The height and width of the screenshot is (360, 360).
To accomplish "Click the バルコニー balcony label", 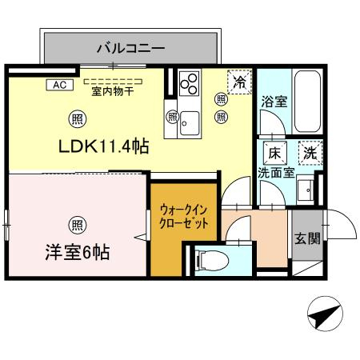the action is coord(130,49).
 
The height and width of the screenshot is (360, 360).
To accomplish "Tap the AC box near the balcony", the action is coord(60,85).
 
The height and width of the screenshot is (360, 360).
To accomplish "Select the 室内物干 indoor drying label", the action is coord(113,91).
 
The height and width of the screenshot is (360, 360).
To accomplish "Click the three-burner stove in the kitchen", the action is coord(189,83).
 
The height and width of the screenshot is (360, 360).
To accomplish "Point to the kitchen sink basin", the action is coord(190,123).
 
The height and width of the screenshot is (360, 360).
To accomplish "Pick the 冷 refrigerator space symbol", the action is coord(239,82).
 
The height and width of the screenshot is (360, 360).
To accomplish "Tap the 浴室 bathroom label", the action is coord(274,102).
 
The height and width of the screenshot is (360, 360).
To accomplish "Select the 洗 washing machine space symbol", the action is coord(310,153).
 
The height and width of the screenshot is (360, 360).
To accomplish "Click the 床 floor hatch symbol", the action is coord(275,153).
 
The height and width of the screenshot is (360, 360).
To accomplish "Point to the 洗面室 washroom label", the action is coord(276,173).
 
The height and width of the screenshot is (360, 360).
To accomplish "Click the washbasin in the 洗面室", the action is coord(306,190).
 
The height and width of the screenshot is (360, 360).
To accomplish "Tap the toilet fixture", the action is coord(212,260).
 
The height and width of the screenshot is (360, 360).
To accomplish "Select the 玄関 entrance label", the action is coord(307,238).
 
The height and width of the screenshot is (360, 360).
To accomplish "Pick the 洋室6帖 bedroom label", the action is coord(78,252).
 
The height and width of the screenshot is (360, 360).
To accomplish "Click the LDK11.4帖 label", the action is coord(103,146).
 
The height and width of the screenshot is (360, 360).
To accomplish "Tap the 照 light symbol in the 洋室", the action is coord(78,226).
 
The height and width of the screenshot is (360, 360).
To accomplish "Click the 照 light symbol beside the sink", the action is coord(172,117).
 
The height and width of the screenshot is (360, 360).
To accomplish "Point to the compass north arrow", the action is coord(325,314).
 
